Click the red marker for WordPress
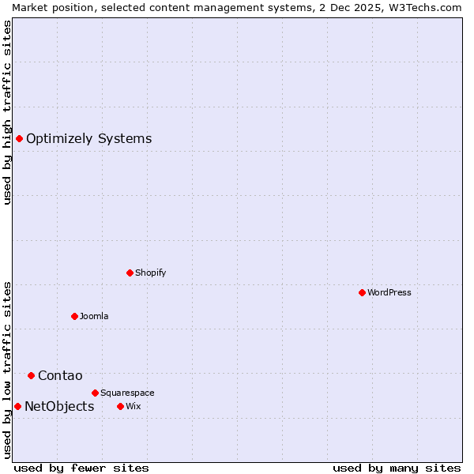(362, 292)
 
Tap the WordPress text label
(389, 292)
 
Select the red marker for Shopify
(130, 273)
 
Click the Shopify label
(150, 273)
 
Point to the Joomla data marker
(74, 316)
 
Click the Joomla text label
(94, 316)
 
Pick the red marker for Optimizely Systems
(19, 139)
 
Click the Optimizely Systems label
(88, 139)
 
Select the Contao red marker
(31, 375)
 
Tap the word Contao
(60, 375)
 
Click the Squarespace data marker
(95, 393)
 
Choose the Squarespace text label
(127, 393)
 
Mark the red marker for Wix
(120, 406)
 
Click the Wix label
(133, 406)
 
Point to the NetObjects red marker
(17, 406)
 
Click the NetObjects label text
(59, 406)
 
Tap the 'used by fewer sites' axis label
(81, 468)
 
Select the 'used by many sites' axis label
(397, 468)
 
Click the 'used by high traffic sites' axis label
(7, 112)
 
